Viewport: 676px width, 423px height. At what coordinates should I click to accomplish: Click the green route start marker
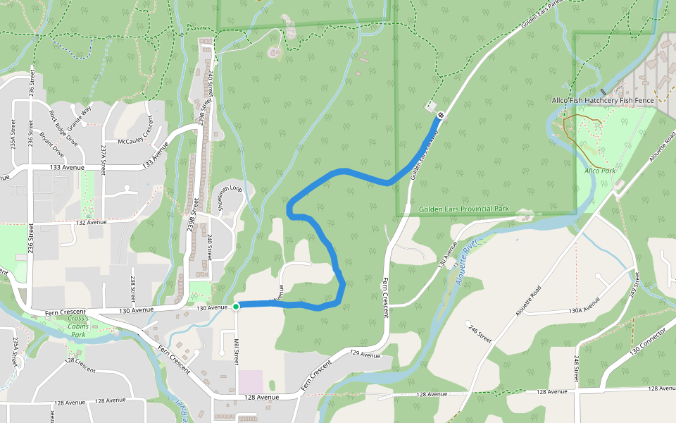click(236, 306)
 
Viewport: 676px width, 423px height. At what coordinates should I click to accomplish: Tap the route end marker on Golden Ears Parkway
click(441, 115)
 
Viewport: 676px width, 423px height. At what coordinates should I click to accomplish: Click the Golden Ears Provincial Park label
click(463, 209)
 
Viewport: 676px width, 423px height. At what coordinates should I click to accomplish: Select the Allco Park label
click(600, 171)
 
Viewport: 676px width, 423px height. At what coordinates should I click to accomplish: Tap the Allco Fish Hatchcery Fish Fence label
click(603, 100)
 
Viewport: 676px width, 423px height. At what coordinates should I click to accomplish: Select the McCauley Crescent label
click(136, 129)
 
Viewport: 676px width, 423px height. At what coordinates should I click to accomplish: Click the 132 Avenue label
click(92, 222)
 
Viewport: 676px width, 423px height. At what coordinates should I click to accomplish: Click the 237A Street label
click(104, 155)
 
